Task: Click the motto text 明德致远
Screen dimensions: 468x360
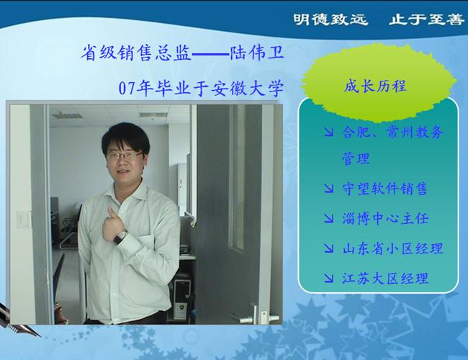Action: pos(330,19)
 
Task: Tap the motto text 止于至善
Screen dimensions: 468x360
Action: pos(426,19)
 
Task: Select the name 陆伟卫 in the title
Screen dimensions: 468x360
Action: pos(257,53)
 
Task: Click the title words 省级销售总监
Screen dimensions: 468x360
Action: pos(136,53)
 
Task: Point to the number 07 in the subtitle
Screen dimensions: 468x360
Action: pos(126,89)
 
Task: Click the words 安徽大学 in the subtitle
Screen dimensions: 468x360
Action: pos(248,89)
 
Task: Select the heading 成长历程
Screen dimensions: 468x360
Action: pos(375,86)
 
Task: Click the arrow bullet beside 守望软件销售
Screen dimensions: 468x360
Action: pos(328,189)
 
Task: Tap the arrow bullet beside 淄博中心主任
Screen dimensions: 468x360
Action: pos(328,218)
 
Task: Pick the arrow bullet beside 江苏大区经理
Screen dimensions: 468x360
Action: pos(328,278)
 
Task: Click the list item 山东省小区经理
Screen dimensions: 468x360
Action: pos(392,248)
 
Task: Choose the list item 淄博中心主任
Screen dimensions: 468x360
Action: pos(385,218)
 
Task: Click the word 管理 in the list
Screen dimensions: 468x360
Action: pos(356,158)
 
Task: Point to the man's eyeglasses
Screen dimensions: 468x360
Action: pos(125,156)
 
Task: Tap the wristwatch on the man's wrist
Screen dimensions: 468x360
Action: pos(122,237)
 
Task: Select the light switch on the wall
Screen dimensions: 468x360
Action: pos(23,219)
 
